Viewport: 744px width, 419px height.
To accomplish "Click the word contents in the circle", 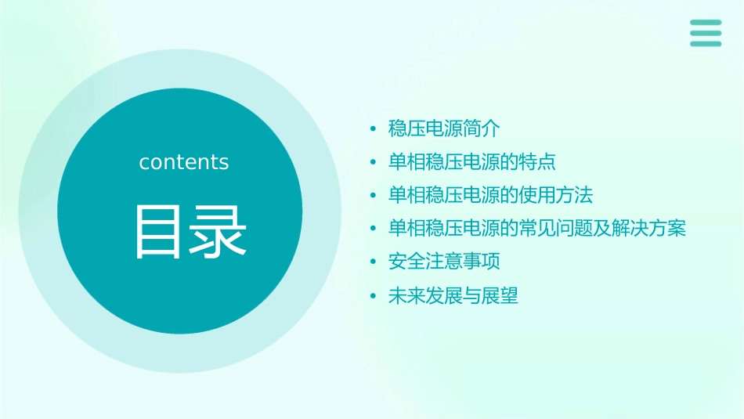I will (184, 162).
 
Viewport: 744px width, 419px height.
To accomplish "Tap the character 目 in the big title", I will (159, 233).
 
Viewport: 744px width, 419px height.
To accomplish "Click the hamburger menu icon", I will (705, 33).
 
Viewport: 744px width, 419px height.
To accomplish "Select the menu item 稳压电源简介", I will (443, 128).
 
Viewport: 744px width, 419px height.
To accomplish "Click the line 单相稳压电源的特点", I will (471, 162).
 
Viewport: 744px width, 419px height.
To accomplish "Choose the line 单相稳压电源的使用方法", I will (490, 195).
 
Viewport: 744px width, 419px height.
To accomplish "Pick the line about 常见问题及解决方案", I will (536, 229).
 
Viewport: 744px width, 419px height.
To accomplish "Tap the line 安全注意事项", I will (443, 262).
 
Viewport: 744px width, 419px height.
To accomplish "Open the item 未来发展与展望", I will (453, 296).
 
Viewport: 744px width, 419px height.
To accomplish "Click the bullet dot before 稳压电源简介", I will (374, 129).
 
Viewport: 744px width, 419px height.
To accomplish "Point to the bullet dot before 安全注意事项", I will (374, 262).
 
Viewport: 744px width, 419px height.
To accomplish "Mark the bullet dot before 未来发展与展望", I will (374, 297).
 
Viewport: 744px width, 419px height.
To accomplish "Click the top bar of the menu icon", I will (705, 23).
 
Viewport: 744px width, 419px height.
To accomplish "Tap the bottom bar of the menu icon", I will (705, 43).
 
